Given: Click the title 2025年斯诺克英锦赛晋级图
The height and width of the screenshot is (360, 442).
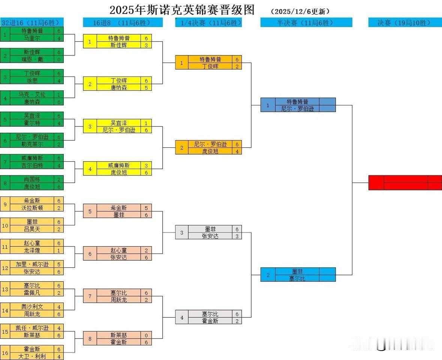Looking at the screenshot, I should (x=182, y=10).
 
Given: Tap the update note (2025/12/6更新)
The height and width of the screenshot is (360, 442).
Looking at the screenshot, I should (x=300, y=12).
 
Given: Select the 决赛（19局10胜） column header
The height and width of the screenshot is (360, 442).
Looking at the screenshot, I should (x=405, y=23).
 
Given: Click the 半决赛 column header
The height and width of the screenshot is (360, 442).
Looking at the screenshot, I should (x=306, y=23).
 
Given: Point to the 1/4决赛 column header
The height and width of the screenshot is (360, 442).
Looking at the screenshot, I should (x=208, y=23).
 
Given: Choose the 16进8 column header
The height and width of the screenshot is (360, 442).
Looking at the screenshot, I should (x=123, y=23).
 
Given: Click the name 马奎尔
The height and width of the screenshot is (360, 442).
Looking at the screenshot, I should (x=32, y=38).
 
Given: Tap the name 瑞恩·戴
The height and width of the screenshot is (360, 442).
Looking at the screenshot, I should (x=32, y=59).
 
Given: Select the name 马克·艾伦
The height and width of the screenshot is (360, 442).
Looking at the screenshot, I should (x=32, y=94).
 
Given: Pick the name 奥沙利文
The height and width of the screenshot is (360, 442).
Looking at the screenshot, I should (x=32, y=307).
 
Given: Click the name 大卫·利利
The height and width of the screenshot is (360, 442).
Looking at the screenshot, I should (x=32, y=356).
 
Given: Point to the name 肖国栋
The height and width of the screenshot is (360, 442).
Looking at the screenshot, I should (x=32, y=180).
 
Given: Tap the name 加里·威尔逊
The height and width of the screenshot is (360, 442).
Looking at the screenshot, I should (x=32, y=264).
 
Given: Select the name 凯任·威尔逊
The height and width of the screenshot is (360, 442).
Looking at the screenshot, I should (x=32, y=328).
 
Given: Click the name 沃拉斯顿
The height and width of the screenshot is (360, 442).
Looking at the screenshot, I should (x=32, y=208).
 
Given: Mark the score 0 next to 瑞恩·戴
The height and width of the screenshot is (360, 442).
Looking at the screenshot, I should (x=59, y=59).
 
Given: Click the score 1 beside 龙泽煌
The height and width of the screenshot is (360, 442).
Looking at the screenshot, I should (x=59, y=250).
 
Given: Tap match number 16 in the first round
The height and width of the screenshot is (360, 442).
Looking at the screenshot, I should (x=5, y=353).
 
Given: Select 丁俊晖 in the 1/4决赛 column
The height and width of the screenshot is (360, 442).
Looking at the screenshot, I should (x=210, y=66).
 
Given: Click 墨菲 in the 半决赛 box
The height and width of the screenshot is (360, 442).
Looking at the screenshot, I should (x=297, y=271).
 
